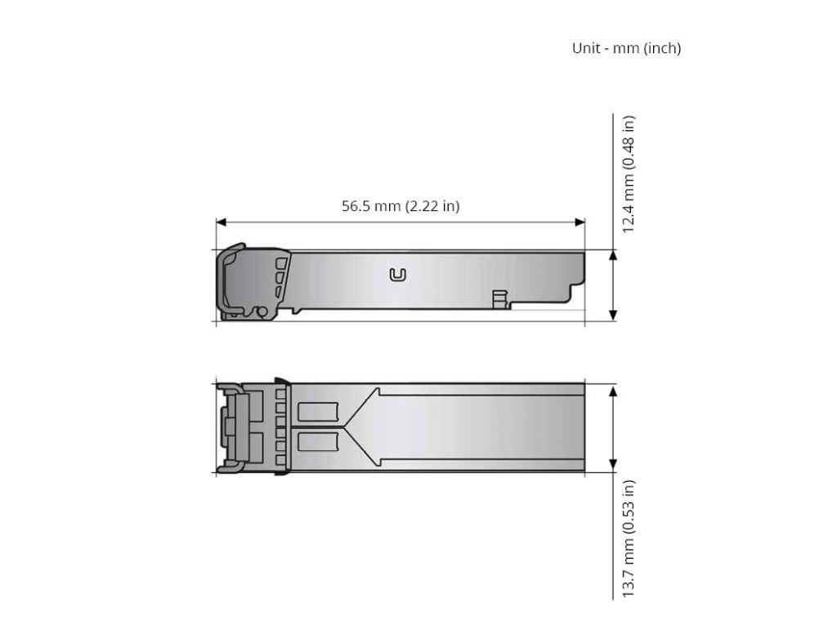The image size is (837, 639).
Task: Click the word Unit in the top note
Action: pyautogui.click(x=585, y=48)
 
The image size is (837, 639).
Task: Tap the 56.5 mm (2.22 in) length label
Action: pyautogui.click(x=401, y=205)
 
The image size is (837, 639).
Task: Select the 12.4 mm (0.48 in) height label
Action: pyautogui.click(x=629, y=174)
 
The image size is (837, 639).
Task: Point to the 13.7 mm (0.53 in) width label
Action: pyautogui.click(x=629, y=538)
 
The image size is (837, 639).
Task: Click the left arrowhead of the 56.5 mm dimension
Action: pyautogui.click(x=221, y=222)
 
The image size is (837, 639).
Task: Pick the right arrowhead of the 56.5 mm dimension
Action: pyautogui.click(x=580, y=222)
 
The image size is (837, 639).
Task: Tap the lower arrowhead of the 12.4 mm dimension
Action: pyautogui.click(x=613, y=315)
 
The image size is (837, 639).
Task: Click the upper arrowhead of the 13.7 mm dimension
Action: pyautogui.click(x=613, y=389)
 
